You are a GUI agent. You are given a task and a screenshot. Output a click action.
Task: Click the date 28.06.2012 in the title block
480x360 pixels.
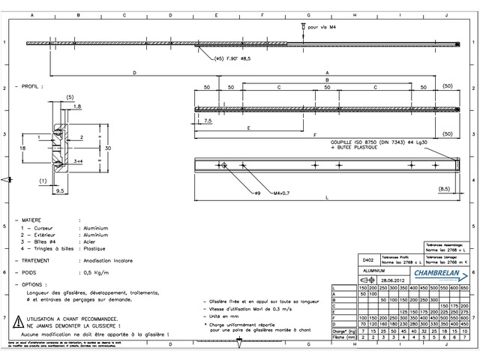[397, 280]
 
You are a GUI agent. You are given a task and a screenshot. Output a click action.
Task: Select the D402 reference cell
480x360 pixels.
[367, 257]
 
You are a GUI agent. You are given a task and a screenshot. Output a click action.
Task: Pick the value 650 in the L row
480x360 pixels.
[463, 289]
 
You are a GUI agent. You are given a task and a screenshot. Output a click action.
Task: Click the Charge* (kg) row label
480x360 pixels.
[343, 331]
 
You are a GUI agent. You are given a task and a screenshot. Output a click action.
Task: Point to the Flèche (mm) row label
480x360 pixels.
[343, 337]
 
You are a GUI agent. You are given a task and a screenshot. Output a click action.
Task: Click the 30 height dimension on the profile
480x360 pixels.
[108, 148]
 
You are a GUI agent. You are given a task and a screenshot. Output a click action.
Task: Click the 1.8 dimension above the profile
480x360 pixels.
[77, 106]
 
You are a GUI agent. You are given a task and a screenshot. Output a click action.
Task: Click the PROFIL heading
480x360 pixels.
[31, 87]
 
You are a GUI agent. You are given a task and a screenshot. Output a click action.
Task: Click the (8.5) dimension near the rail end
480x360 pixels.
[443, 189]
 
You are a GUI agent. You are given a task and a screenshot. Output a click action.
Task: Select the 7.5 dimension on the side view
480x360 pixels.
[207, 120]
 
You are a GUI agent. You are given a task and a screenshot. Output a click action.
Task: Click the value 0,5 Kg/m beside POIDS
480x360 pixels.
[95, 273]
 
